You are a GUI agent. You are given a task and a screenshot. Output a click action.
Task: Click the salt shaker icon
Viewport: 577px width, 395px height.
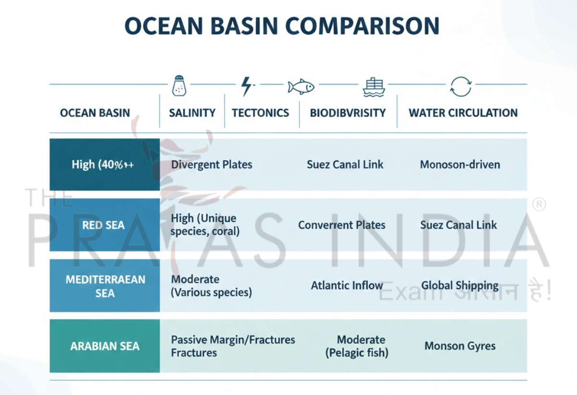pos(179,86)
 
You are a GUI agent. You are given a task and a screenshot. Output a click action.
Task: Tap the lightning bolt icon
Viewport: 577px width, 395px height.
pos(246,86)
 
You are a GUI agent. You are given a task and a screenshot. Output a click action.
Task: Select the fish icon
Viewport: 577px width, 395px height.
pos(301,87)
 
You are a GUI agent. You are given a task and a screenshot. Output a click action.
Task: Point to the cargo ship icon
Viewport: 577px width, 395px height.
pos(374,87)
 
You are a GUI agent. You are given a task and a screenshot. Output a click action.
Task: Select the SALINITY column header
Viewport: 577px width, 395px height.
pos(192,113)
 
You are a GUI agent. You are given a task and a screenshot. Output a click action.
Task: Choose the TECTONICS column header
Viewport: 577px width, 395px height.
pos(261,113)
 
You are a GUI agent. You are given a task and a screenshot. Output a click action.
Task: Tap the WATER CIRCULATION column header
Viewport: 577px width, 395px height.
pos(463,113)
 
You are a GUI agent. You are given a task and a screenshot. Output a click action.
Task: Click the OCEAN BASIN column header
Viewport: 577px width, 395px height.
pos(95,113)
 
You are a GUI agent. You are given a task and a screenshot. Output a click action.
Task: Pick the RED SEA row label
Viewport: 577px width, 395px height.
pos(103,225)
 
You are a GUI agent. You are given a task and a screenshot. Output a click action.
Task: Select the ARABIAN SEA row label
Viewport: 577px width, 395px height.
pos(105,346)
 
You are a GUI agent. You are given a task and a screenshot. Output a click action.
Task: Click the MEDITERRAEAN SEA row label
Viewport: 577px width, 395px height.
pos(105,286)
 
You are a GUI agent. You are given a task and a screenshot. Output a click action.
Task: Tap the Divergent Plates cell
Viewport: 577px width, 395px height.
pos(212,165)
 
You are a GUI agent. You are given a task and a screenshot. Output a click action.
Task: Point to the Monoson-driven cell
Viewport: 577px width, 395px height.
pos(460,165)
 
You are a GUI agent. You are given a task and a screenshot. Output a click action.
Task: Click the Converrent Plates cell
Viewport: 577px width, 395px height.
pos(341,225)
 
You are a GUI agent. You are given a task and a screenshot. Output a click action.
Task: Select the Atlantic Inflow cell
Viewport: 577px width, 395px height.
pos(347,285)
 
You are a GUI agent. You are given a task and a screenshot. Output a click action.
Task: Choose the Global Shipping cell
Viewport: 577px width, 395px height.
pos(460,285)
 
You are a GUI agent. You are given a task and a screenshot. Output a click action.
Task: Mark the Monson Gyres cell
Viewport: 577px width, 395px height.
pos(460,346)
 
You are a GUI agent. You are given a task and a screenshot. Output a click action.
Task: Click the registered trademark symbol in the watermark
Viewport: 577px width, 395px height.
pos(539,205)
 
